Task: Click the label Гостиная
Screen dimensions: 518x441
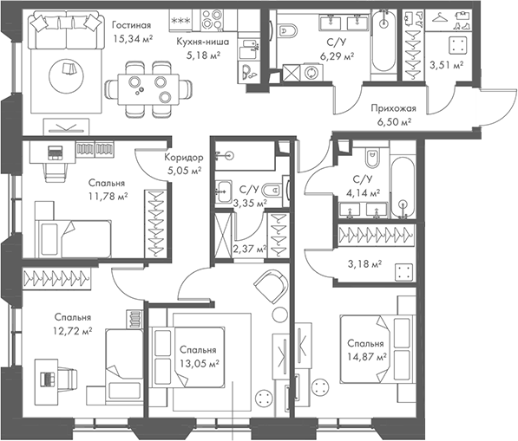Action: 131,25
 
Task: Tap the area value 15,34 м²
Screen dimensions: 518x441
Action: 133,39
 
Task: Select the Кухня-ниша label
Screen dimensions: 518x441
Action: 202,42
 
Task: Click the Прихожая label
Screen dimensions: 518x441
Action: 393,108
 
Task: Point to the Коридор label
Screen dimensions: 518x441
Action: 184,158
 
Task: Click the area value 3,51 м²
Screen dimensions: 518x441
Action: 446,65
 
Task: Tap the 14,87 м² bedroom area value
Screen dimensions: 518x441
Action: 367,357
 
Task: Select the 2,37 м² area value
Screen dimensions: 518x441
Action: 250,249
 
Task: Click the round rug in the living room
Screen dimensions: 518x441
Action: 66,76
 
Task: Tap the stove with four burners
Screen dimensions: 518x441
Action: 212,20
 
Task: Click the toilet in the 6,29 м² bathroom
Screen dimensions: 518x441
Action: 286,31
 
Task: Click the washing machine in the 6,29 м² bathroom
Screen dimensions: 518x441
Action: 311,72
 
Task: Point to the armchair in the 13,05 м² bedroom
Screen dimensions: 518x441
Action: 271,286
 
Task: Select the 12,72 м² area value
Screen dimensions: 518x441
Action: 72,330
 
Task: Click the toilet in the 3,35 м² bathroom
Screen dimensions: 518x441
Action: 272,190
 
